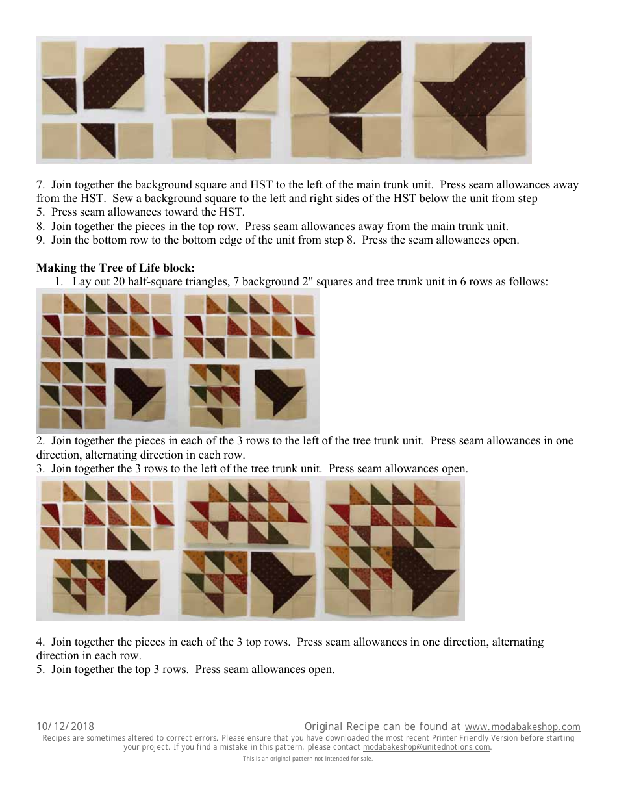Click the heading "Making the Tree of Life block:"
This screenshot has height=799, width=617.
pos(116,268)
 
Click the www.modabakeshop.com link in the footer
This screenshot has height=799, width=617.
pos(522,727)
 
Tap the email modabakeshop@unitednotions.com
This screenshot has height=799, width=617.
pos(426,747)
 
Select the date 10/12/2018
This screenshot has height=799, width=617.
pos(65,727)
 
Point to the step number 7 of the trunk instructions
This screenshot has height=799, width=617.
pos(40,184)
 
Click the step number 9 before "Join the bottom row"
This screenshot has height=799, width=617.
pos(40,240)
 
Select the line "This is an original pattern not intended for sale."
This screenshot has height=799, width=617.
pos(308,759)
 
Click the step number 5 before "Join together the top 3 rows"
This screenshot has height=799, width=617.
pos(40,669)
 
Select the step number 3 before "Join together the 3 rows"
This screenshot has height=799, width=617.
pos(40,468)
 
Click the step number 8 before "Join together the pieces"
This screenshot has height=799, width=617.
pos(40,226)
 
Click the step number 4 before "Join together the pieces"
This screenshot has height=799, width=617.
pos(40,642)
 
